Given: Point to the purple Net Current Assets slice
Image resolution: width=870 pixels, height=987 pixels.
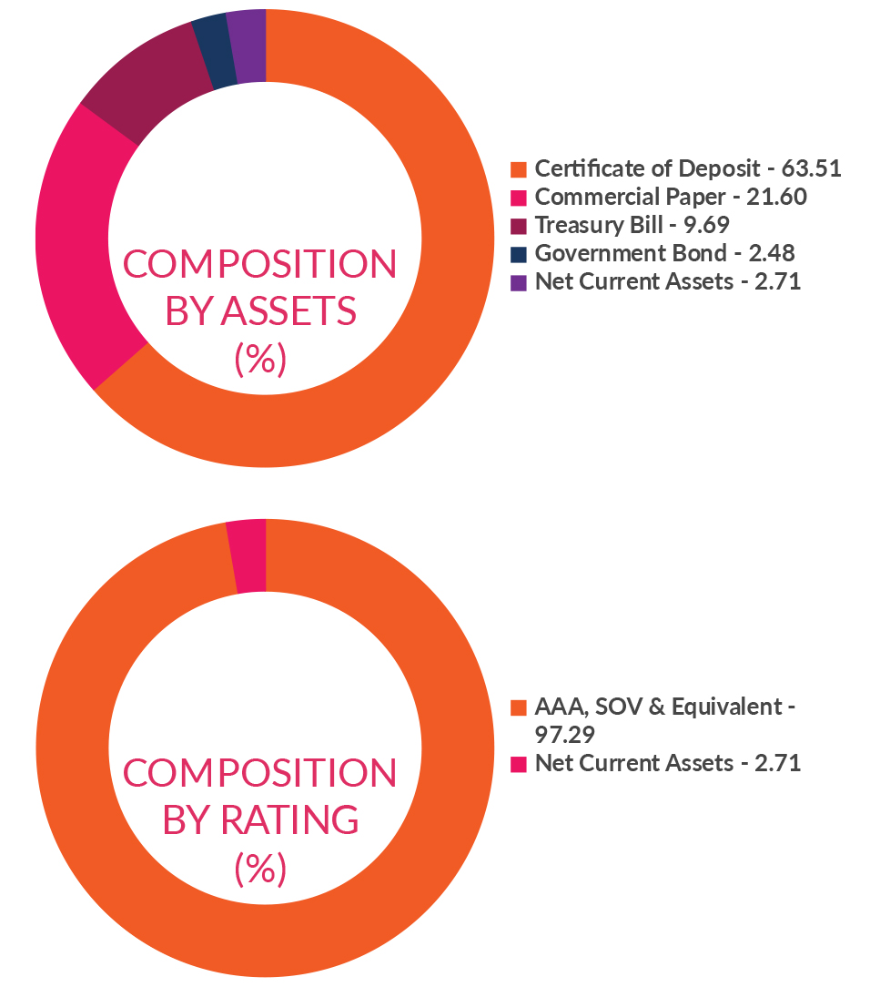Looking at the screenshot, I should tap(247, 46).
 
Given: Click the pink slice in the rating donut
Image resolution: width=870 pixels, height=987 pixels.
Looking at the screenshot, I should tap(248, 555).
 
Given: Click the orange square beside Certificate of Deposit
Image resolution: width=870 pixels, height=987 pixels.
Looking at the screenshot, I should tap(519, 169).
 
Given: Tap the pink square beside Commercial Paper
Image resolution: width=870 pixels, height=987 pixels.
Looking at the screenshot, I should tap(519, 198).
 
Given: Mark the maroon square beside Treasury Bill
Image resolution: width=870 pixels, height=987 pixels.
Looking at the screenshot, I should tap(519, 226).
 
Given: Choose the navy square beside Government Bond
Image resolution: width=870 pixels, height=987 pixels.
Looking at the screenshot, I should tap(519, 254).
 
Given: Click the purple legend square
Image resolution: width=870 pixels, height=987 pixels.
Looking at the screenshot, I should tap(519, 282).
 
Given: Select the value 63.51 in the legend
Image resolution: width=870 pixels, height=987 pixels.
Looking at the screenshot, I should tap(811, 169).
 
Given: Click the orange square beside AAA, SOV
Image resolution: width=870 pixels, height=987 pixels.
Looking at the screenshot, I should tap(519, 707).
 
